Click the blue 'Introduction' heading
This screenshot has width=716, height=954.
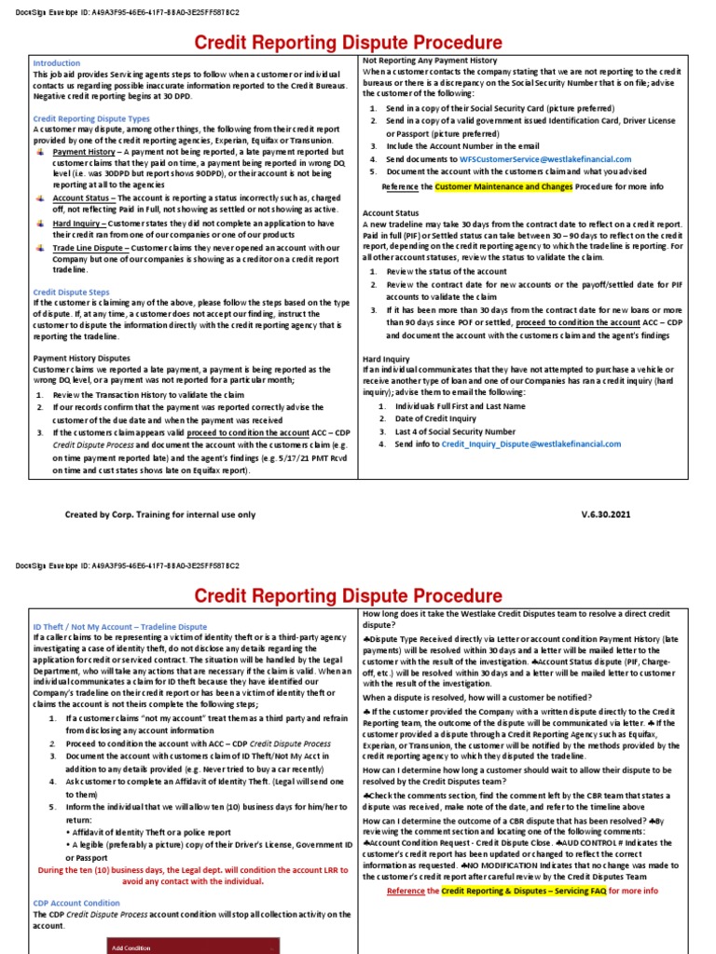(57, 62)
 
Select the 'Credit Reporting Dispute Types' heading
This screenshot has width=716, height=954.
(91, 119)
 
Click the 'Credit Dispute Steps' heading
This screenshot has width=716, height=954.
(72, 292)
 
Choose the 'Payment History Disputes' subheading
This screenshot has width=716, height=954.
(82, 358)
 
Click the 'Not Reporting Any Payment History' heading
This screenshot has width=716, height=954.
(432, 60)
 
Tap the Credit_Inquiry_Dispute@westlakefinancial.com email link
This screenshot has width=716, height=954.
(530, 444)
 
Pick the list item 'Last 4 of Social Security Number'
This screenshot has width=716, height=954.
(455, 431)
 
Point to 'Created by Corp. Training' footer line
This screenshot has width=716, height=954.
(159, 514)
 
